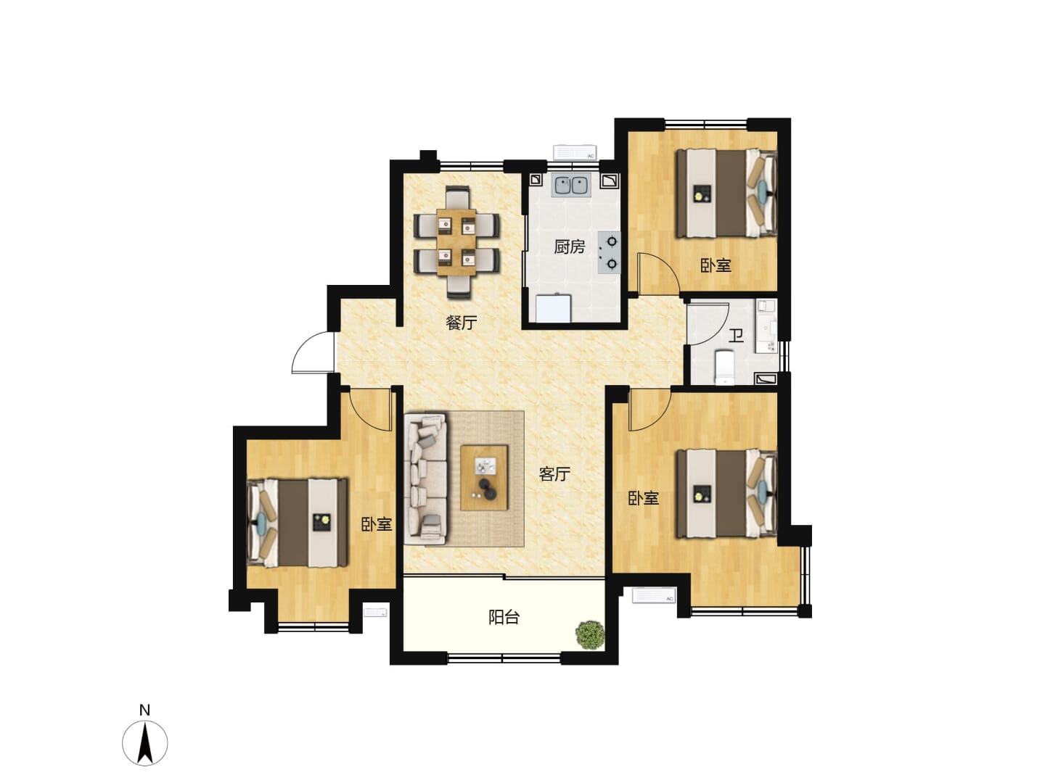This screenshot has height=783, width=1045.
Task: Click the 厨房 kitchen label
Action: (x=569, y=246)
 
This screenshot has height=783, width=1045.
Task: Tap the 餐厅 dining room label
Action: (x=461, y=323)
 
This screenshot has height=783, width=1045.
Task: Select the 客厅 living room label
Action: (x=554, y=473)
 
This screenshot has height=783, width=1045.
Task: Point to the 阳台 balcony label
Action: (x=504, y=618)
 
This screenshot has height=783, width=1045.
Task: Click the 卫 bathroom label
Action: (x=736, y=336)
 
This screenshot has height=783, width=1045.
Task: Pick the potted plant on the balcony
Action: (x=590, y=634)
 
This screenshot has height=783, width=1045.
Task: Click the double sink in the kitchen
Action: (x=571, y=186)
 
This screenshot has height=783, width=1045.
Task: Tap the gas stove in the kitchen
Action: (x=609, y=252)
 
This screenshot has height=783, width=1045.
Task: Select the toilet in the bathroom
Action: (x=724, y=367)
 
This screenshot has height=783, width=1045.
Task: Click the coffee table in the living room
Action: (x=484, y=478)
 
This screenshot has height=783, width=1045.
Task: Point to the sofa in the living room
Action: (x=425, y=478)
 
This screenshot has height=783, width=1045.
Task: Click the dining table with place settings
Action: (x=456, y=242)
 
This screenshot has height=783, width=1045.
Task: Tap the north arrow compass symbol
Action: (x=144, y=743)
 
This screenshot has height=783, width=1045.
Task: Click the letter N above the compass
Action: (x=144, y=710)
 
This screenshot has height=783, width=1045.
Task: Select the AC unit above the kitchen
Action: (x=575, y=152)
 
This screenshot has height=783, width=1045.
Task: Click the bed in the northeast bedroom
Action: (x=726, y=194)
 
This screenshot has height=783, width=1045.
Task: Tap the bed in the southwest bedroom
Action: (x=298, y=523)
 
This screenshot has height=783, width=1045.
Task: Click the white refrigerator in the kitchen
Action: (x=553, y=309)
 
